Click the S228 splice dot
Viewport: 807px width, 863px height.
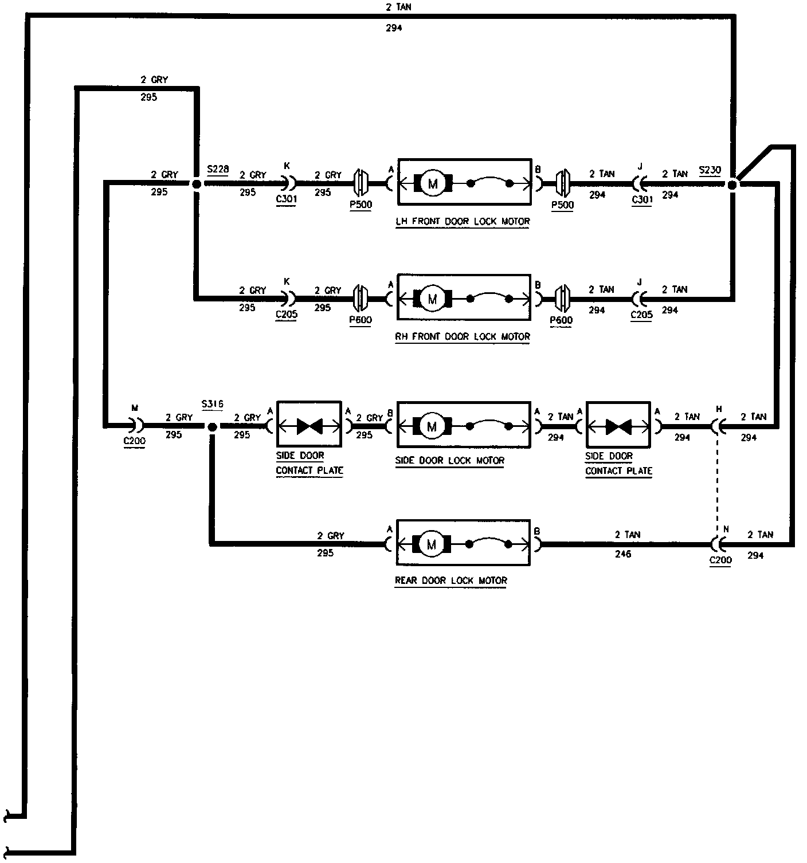pos(196,184)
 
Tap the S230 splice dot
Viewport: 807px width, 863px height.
pos(732,185)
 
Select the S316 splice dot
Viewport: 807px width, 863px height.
pos(211,427)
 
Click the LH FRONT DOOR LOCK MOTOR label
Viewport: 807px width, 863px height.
pos(463,221)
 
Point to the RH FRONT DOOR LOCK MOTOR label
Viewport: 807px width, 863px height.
pos(463,336)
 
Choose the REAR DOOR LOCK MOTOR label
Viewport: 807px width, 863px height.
pos(451,580)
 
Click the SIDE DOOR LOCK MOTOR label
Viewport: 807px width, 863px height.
pos(450,460)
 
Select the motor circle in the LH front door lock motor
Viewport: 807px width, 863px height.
pos(432,184)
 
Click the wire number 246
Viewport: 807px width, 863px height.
pos(622,554)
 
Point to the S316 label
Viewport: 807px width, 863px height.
pos(212,404)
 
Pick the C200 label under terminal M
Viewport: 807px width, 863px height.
pos(135,441)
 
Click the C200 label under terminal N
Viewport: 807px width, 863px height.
pos(720,560)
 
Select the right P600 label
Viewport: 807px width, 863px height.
pos(561,320)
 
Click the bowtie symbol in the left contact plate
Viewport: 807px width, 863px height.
pos(309,426)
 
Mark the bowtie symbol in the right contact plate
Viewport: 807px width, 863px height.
pos(618,426)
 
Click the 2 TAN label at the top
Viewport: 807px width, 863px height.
pos(398,7)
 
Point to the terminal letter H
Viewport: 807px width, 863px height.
pos(719,409)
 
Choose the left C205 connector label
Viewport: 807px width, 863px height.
pos(286,315)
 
